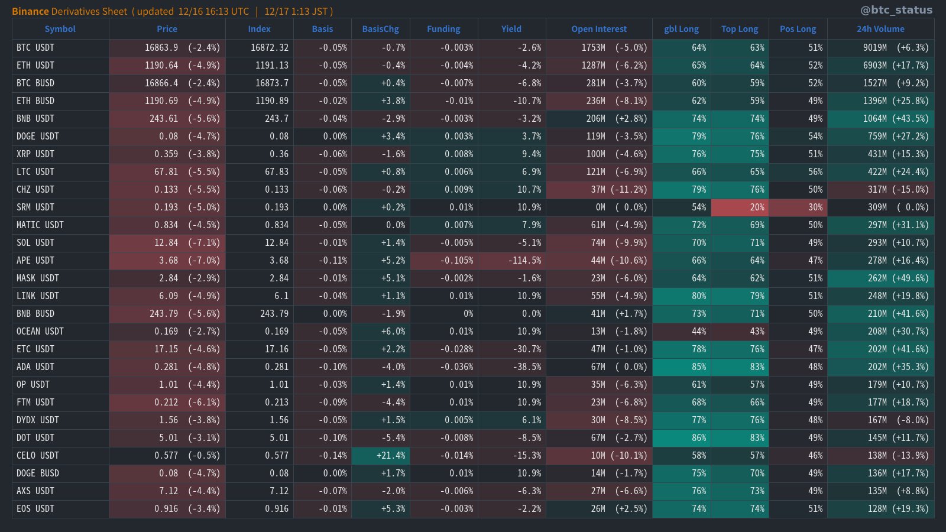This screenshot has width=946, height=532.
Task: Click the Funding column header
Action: tap(443, 29)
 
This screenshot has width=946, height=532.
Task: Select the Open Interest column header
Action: tap(599, 29)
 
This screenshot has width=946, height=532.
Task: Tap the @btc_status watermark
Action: tap(896, 10)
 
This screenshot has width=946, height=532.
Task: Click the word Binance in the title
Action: tap(30, 11)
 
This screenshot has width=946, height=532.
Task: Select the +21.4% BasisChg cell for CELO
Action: tap(381, 456)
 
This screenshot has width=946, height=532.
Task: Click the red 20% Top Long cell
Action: tap(740, 207)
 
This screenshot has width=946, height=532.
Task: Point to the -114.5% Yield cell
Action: tap(512, 261)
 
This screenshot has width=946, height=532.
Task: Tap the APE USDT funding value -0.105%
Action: tap(444, 261)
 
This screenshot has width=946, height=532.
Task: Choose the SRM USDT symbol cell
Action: tap(35, 207)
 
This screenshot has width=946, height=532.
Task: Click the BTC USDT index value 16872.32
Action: tap(260, 48)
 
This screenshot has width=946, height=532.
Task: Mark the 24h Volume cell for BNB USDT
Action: tap(881, 119)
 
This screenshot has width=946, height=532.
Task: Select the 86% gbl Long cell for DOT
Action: tap(681, 438)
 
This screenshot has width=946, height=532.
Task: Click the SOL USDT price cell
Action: tap(167, 243)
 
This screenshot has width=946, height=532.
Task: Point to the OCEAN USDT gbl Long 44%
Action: tap(681, 332)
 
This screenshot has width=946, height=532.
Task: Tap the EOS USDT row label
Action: tap(35, 509)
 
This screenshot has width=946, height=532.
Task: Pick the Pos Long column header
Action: tap(798, 29)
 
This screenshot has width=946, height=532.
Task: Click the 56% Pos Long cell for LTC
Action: tap(798, 172)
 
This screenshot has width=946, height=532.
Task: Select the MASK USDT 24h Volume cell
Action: tap(881, 278)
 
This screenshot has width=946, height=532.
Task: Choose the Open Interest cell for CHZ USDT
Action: tap(599, 190)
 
